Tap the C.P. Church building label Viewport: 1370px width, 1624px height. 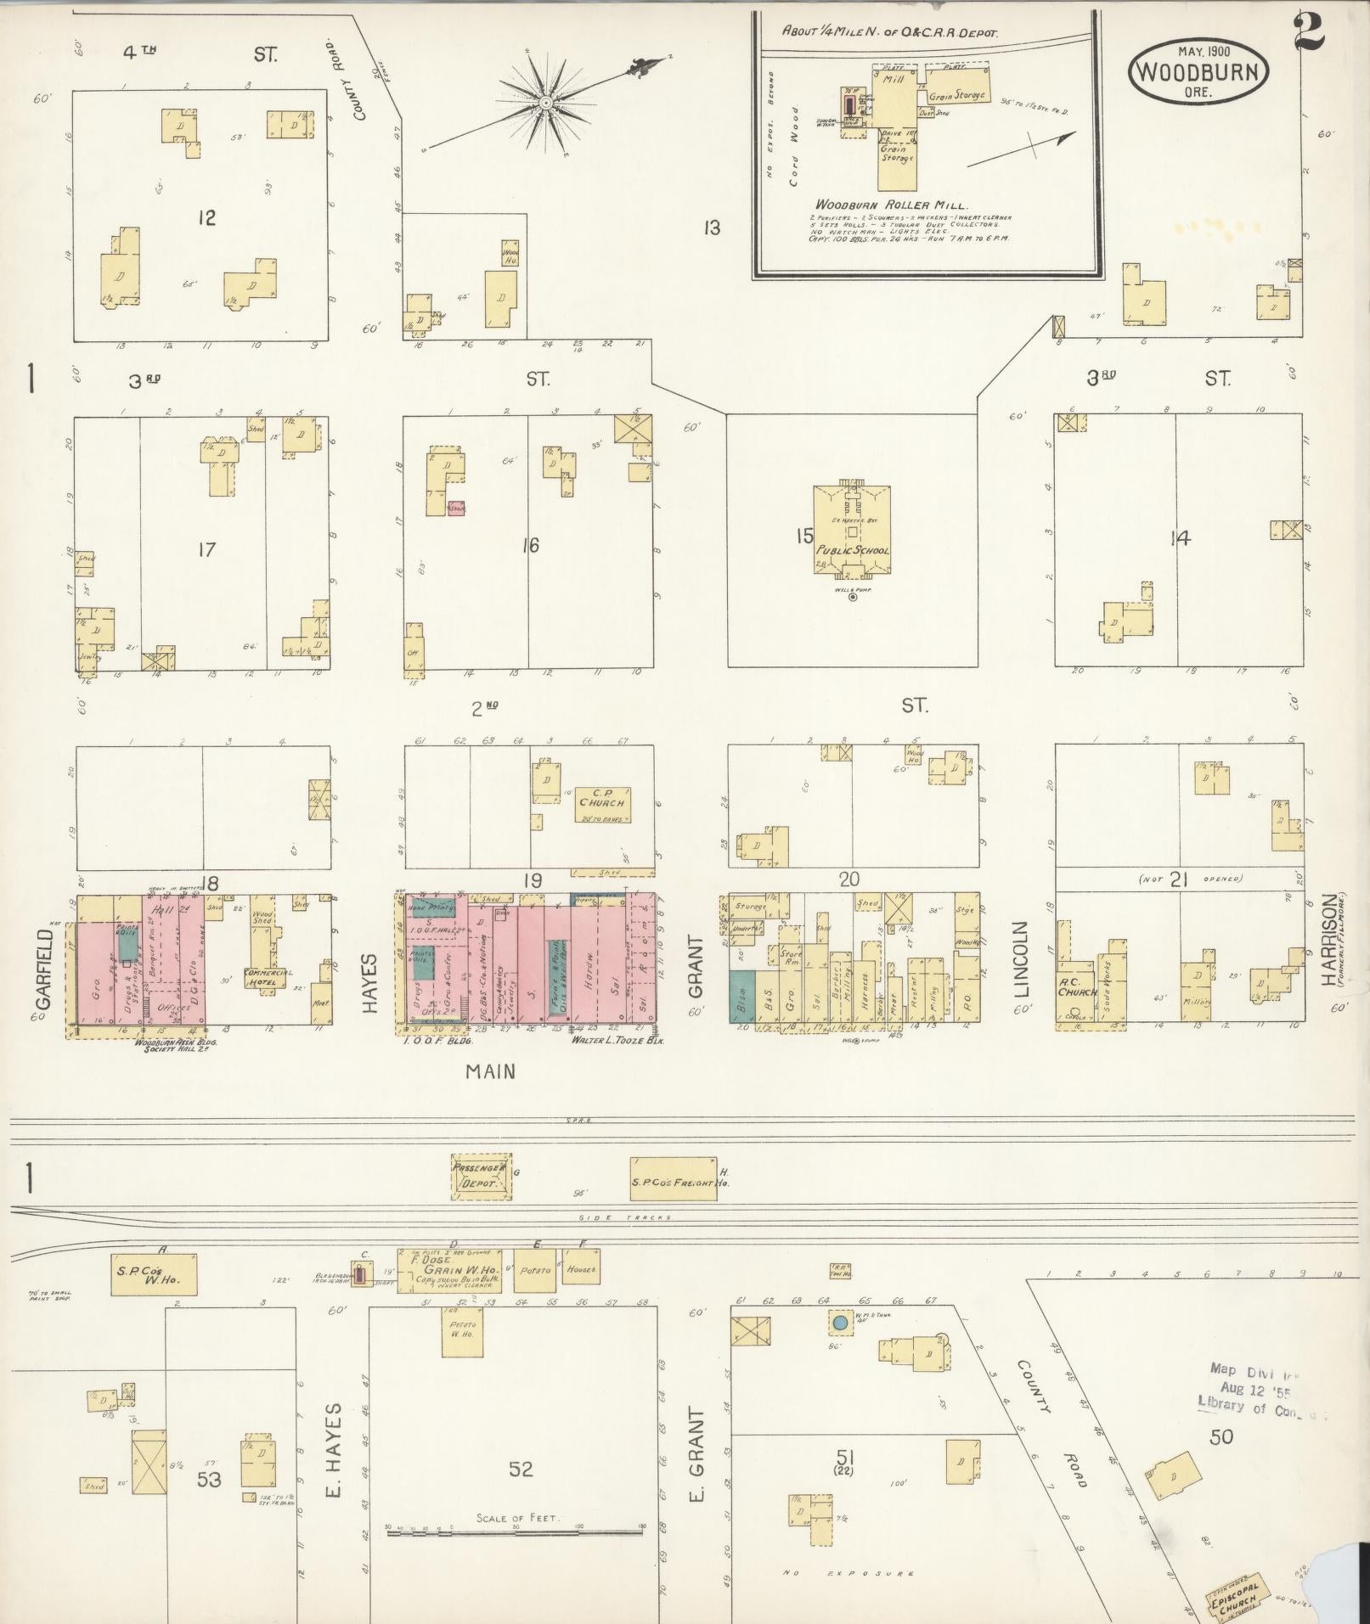[x=601, y=798]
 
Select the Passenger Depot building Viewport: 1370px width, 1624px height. [x=481, y=1175]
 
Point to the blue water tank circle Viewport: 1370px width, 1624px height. [x=840, y=1322]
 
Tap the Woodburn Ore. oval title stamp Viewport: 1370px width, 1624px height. [x=1198, y=71]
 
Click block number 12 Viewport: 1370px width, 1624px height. [x=206, y=218]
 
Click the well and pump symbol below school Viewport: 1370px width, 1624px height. [x=853, y=597]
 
